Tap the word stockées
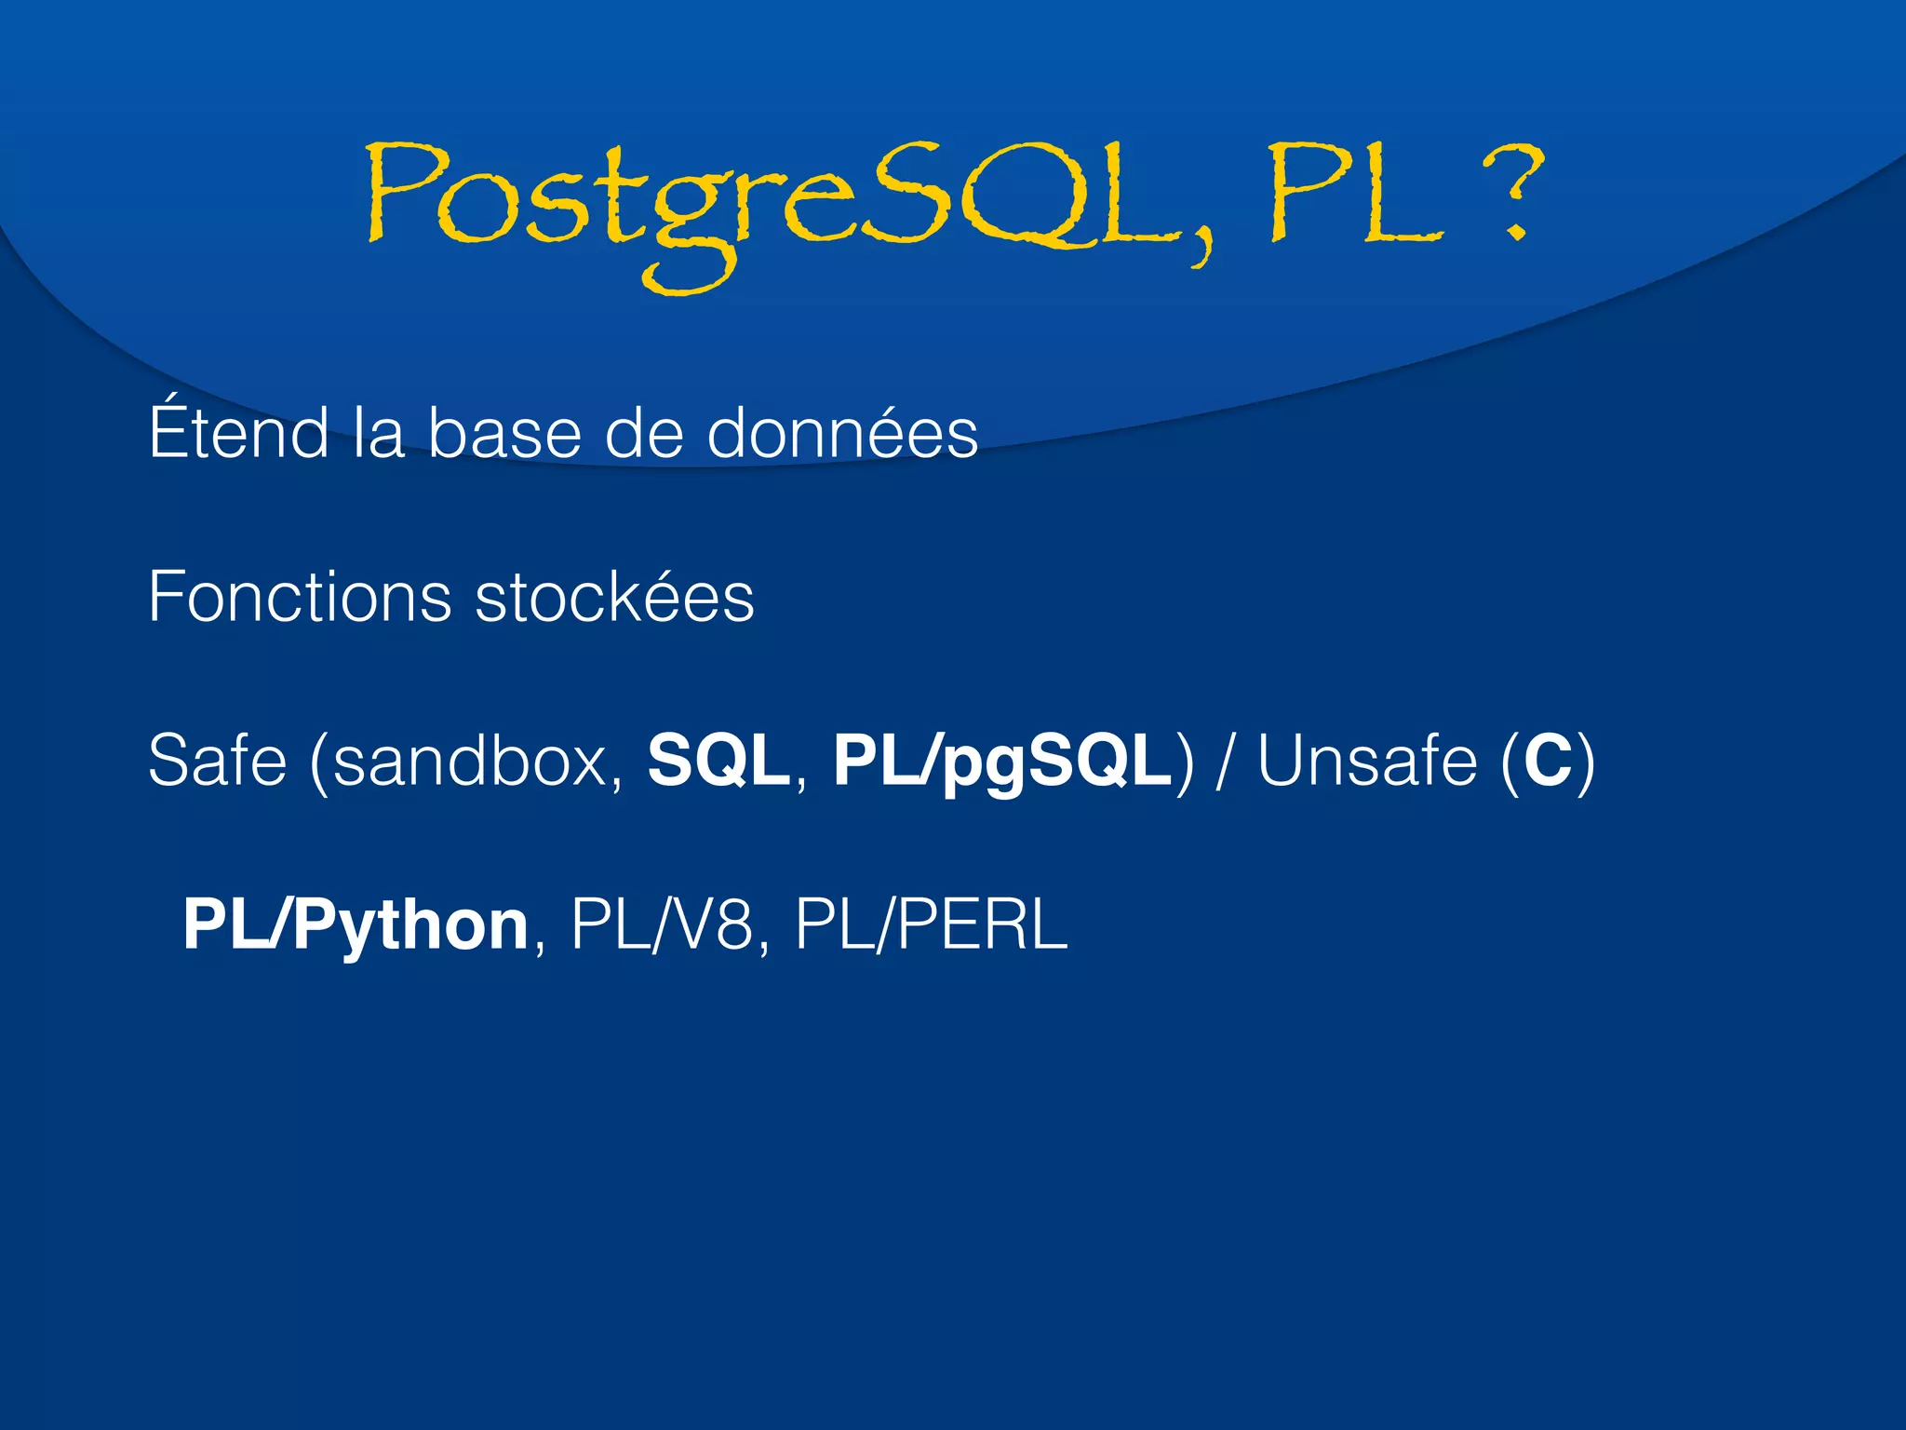coord(614,597)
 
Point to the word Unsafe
coord(1366,761)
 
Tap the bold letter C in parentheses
coord(1548,761)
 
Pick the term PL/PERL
coord(931,925)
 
